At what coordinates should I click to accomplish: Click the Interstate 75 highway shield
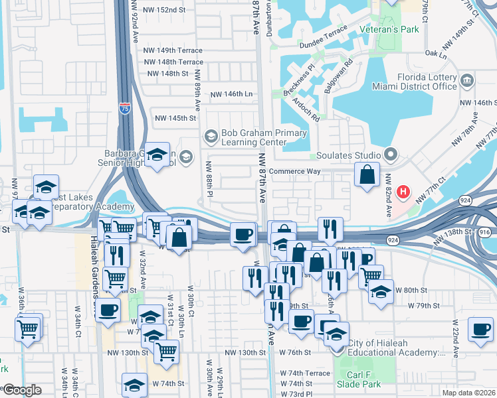tap(125, 107)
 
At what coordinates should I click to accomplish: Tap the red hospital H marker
tap(403, 192)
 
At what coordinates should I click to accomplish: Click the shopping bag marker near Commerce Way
tap(367, 175)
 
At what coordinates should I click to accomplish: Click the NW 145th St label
tap(176, 118)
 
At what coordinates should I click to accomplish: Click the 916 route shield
tap(484, 232)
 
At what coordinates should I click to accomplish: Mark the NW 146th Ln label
tap(232, 95)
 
